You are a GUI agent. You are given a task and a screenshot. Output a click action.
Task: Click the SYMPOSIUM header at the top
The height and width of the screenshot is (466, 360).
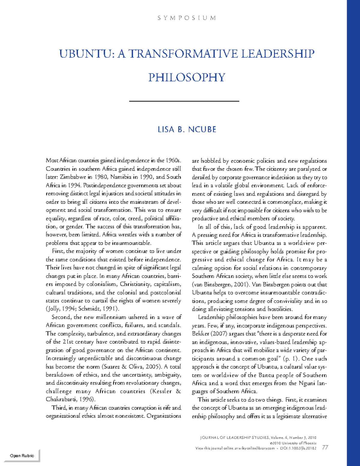[187, 18]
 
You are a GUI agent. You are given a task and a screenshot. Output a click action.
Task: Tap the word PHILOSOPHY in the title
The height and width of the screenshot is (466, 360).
[187, 78]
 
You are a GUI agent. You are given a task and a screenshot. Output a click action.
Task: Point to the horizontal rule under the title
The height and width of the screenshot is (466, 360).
[184, 101]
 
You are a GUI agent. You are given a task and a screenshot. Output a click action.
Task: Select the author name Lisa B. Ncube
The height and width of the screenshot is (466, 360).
[187, 130]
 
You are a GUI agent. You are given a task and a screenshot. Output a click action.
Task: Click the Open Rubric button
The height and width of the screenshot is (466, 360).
[22, 455]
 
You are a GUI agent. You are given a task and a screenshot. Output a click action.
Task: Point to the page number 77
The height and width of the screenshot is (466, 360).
[325, 448]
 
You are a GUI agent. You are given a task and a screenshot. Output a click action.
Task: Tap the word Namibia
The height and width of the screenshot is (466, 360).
[121, 177]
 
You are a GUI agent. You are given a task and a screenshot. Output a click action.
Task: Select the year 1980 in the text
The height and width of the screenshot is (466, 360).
[100, 177]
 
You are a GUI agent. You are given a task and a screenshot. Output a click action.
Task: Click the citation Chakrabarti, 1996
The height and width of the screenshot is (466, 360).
[70, 399]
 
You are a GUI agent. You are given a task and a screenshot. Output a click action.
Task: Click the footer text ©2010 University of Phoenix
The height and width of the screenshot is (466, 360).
[293, 443]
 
